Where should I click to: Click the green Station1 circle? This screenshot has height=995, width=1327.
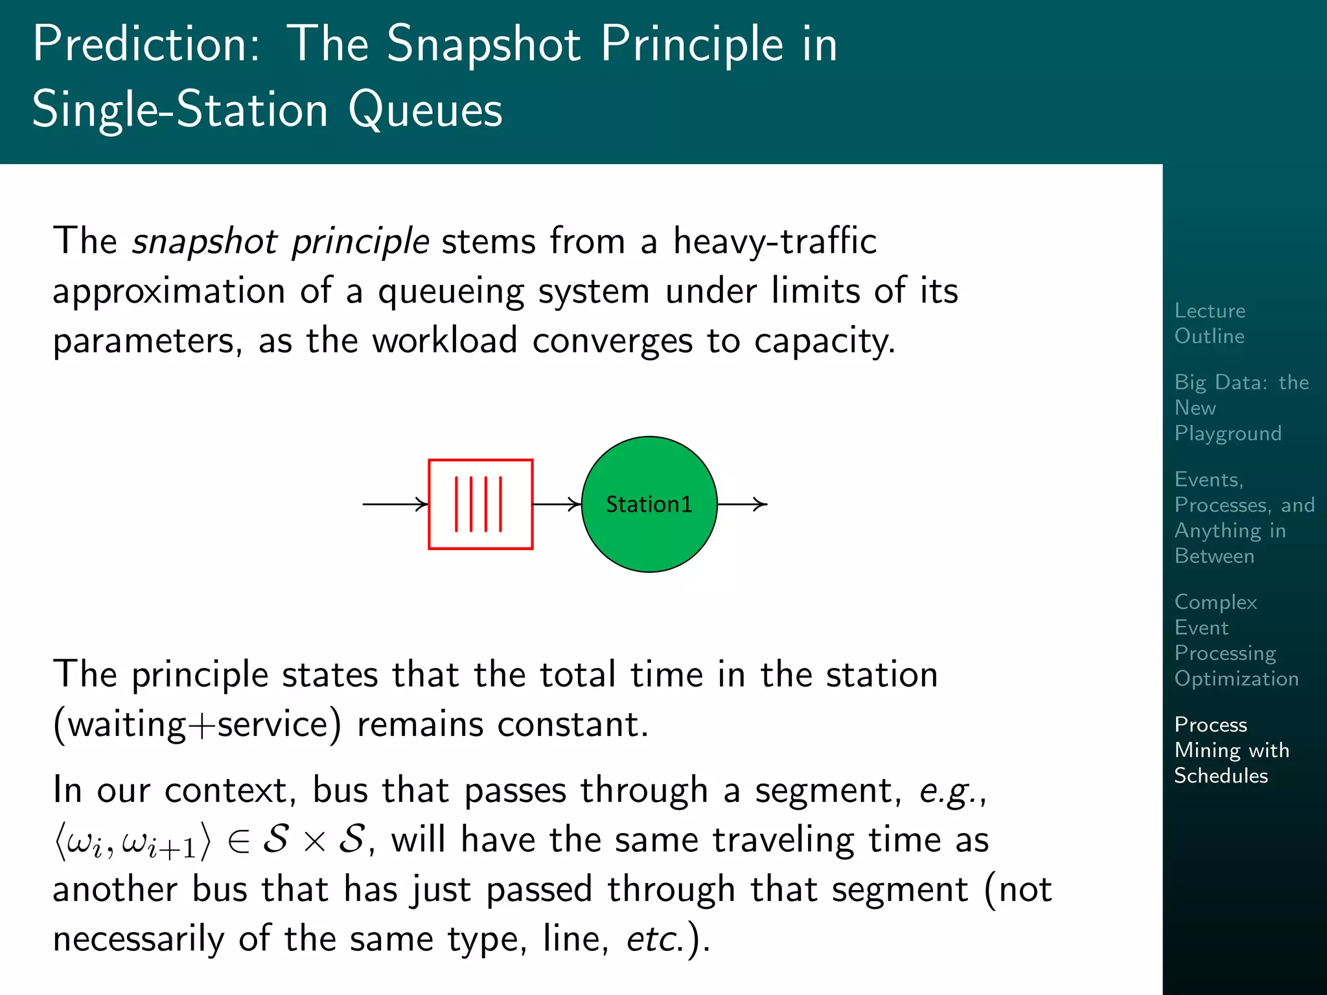[649, 504]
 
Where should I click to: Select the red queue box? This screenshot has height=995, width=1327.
[480, 504]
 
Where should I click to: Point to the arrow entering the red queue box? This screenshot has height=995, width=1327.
[395, 504]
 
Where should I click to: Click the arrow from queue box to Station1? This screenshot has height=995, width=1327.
[557, 504]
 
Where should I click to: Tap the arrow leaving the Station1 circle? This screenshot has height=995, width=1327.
[742, 504]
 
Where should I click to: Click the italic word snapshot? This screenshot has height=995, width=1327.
[205, 242]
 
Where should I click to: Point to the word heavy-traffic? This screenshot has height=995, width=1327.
[774, 242]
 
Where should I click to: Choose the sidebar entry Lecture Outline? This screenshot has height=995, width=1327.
[1210, 323]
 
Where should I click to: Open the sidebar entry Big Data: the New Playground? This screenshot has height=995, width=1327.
[1241, 407]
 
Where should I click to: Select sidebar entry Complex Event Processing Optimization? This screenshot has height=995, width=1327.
[1236, 640]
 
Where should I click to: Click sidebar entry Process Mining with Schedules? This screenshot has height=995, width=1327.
[1231, 749]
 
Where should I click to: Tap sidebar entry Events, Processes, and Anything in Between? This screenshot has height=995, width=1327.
[1244, 518]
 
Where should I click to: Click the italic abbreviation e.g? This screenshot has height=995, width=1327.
[951, 791]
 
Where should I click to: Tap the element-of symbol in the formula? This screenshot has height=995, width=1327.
[238, 841]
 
